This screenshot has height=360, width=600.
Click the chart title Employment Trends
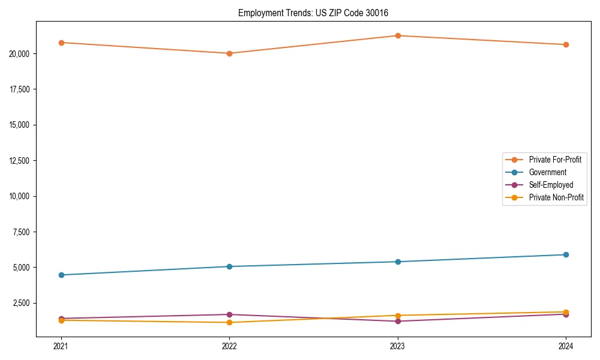click(x=317, y=13)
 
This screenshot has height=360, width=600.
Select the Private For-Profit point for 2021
click(x=61, y=43)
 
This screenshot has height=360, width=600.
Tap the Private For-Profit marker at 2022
click(x=229, y=53)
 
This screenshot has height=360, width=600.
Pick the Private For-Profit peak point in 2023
click(x=398, y=35)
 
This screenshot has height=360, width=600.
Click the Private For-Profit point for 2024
click(x=566, y=44)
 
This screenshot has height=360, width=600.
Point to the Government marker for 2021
click(x=61, y=275)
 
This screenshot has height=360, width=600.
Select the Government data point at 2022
click(x=229, y=266)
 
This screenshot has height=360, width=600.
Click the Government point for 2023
click(x=398, y=262)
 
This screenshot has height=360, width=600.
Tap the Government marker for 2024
click(x=566, y=254)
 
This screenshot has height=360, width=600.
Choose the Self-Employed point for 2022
click(x=229, y=314)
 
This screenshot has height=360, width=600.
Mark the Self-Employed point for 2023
click(x=398, y=321)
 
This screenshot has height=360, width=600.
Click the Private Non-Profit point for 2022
click(x=229, y=322)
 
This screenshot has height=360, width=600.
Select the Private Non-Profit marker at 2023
click(x=398, y=316)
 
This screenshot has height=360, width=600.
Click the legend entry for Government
click(x=547, y=172)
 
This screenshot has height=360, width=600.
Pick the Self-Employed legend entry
click(x=551, y=185)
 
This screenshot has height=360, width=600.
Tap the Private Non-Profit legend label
click(x=556, y=197)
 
